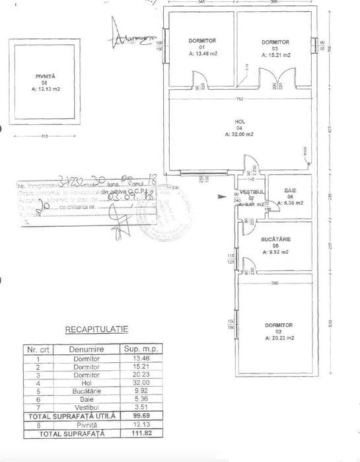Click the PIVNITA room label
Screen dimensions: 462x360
click(x=46, y=77)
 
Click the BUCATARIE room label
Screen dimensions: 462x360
click(x=277, y=238)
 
